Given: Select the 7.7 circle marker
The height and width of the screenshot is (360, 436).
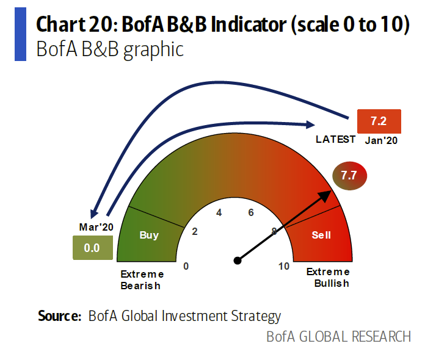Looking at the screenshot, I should [x=349, y=176].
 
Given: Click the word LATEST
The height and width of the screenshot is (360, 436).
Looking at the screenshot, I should [x=335, y=139].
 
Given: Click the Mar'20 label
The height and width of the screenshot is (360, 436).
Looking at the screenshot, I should [x=96, y=227].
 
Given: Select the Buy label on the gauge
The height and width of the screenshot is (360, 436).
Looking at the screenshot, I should [x=149, y=235].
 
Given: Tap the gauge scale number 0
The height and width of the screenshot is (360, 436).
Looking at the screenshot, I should [x=186, y=266].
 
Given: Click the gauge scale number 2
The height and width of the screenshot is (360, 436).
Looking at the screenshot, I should [x=195, y=231].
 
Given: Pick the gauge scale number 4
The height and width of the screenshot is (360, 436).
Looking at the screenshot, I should [x=219, y=213].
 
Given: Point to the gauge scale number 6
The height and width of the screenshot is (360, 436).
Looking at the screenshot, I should [x=250, y=213].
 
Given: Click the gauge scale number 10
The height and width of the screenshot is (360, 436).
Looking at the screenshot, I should [x=284, y=266].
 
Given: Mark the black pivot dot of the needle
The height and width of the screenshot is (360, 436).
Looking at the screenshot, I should [x=238, y=261].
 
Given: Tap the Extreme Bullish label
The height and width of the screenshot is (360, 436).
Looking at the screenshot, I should [x=328, y=278].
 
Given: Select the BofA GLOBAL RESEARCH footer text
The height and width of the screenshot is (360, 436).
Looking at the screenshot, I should [x=338, y=337].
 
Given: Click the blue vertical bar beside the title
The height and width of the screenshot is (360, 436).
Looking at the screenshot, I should [x=20, y=35].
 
